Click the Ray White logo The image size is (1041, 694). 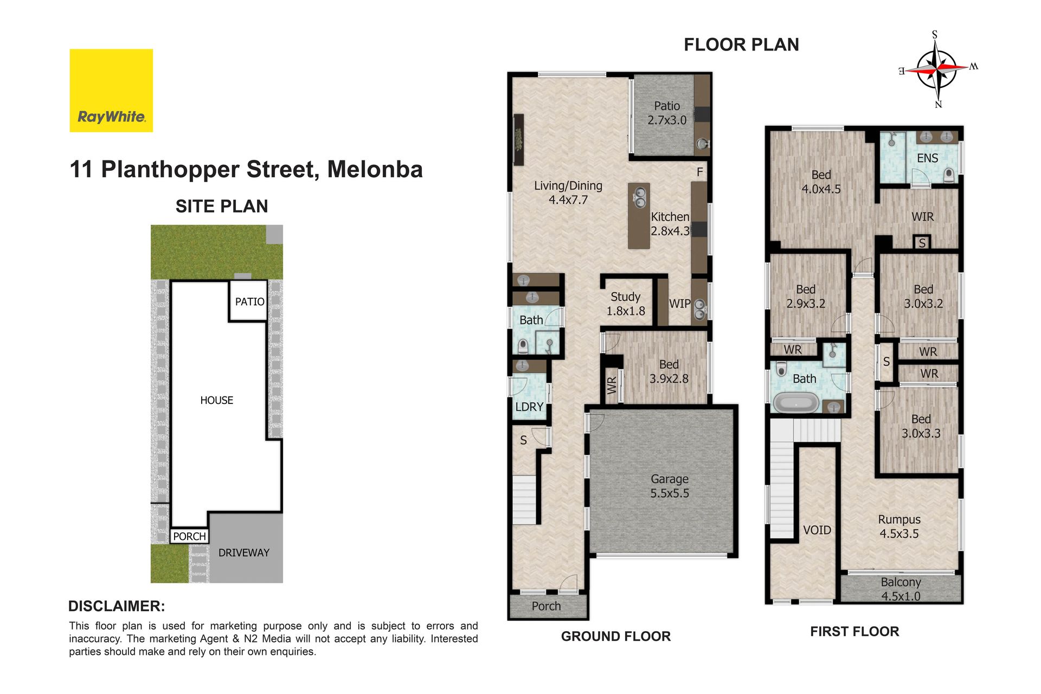pos(111,91)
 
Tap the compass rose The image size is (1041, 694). pos(937,69)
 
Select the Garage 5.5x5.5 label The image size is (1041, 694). pos(670,486)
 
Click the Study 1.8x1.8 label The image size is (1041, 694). pos(626,304)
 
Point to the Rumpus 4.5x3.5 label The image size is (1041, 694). pos(899,526)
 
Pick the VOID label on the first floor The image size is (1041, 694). pos(817,530)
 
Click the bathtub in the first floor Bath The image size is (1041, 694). pos(796,403)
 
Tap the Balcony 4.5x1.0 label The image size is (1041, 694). pos(901,589)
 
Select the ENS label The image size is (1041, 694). pos(927,158)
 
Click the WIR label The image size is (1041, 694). pos(923,217)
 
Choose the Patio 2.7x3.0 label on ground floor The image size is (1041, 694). pos(667,113)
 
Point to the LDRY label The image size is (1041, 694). pos(529,407)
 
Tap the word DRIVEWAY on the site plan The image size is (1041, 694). pos(244,552)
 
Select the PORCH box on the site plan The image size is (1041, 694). pos(189,536)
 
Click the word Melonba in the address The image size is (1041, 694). pos(375,169)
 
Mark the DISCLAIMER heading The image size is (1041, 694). pos(117,606)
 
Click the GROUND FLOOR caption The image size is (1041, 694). pos(616,636)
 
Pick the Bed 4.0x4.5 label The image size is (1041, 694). pos(821,182)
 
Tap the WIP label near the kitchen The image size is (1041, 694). pos(679,304)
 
